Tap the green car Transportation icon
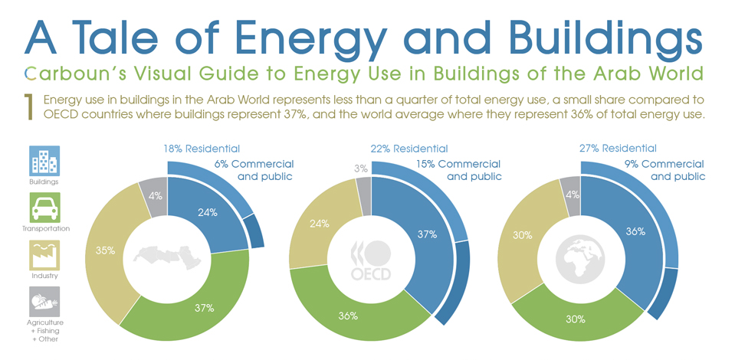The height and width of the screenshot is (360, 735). (44, 207)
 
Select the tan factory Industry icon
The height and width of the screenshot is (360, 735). (44, 254)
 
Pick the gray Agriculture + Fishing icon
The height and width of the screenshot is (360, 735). (44, 301)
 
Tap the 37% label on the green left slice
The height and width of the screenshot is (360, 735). (203, 308)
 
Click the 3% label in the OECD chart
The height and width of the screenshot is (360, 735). (361, 168)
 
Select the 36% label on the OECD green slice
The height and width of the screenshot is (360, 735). (348, 315)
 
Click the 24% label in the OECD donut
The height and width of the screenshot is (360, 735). (320, 224)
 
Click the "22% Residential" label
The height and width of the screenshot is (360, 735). (410, 149)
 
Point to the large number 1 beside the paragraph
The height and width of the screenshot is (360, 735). (28, 107)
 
